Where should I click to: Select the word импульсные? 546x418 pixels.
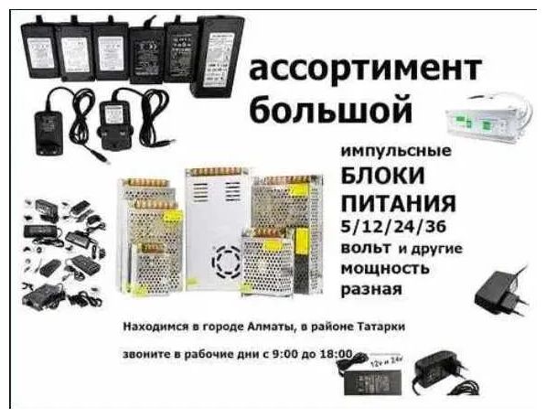pos(396,152)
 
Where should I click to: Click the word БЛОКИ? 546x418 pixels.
pos(382,177)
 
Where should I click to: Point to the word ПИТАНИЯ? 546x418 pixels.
pos(399,203)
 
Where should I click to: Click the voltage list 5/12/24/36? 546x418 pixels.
pos(393,227)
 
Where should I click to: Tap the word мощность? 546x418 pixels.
pos(385,269)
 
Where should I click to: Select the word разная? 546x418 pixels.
pos(371,289)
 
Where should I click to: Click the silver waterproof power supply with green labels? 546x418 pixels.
pos(489,119)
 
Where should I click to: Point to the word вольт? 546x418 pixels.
pos(365,248)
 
